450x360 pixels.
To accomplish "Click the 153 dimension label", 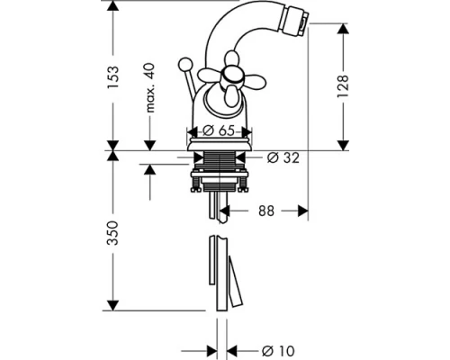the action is pyautogui.click(x=113, y=77).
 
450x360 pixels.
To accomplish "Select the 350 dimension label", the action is pyautogui.click(x=113, y=233).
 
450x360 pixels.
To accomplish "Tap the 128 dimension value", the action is pyautogui.click(x=343, y=86).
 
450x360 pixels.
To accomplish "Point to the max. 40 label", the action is pyautogui.click(x=149, y=87).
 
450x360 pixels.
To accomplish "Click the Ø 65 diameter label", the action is pyautogui.click(x=218, y=130).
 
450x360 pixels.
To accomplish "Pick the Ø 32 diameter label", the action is pyautogui.click(x=283, y=157).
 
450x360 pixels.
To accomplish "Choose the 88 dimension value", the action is pyautogui.click(x=266, y=211).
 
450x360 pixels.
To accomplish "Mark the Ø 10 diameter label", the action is pyautogui.click(x=278, y=350).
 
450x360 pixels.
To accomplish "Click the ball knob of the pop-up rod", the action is pyautogui.click(x=184, y=64).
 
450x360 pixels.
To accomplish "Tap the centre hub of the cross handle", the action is pyautogui.click(x=230, y=76).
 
